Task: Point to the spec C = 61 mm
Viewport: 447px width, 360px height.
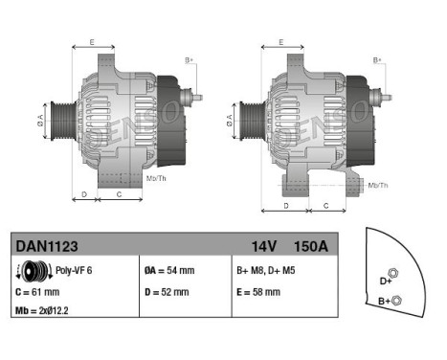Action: pyautogui.click(x=37, y=291)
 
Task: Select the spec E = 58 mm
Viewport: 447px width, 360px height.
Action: pyautogui.click(x=257, y=291)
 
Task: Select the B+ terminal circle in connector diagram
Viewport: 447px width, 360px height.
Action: pyautogui.click(x=398, y=301)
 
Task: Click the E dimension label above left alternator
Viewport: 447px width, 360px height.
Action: pyautogui.click(x=92, y=42)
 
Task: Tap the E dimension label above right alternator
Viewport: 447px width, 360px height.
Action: pyautogui.click(x=279, y=42)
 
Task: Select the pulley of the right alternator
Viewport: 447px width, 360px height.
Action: pyautogui.click(x=246, y=121)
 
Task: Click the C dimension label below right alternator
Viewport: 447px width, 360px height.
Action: pyautogui.click(x=325, y=205)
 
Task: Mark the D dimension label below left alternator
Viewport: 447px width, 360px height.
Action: pyautogui.click(x=84, y=193)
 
